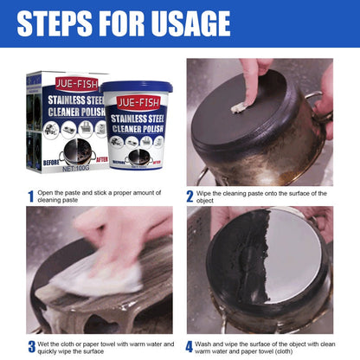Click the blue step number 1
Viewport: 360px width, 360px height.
(x=29, y=198)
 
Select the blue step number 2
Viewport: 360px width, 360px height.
(x=190, y=197)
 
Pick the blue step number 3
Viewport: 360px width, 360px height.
(x=29, y=348)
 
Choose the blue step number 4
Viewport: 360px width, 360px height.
(x=190, y=348)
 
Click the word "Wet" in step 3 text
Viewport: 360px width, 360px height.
(x=45, y=343)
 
